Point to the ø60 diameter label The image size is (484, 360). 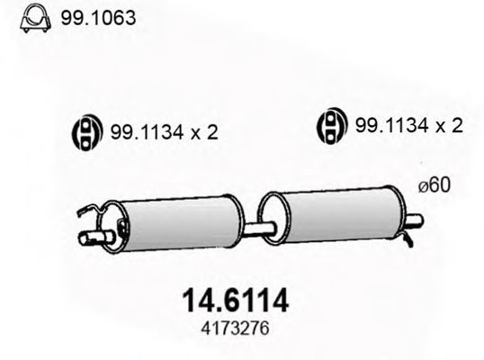pyautogui.click(x=435, y=186)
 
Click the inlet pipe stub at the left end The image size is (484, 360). pyautogui.click(x=90, y=238)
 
